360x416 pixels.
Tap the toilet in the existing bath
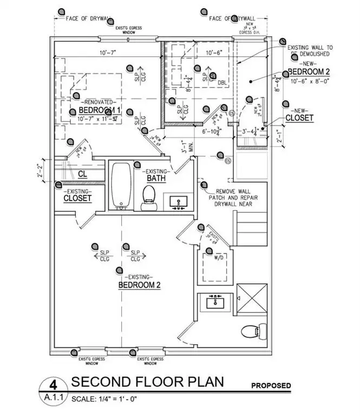click(x=147, y=198)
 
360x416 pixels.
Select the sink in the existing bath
click(x=179, y=203)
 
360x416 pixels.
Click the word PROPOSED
click(x=271, y=386)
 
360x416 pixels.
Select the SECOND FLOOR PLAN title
click(x=148, y=382)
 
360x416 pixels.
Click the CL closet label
click(x=82, y=174)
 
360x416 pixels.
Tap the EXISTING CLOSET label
click(x=77, y=198)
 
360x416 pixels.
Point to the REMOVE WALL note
click(x=237, y=198)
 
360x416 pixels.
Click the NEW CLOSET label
click(x=299, y=118)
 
